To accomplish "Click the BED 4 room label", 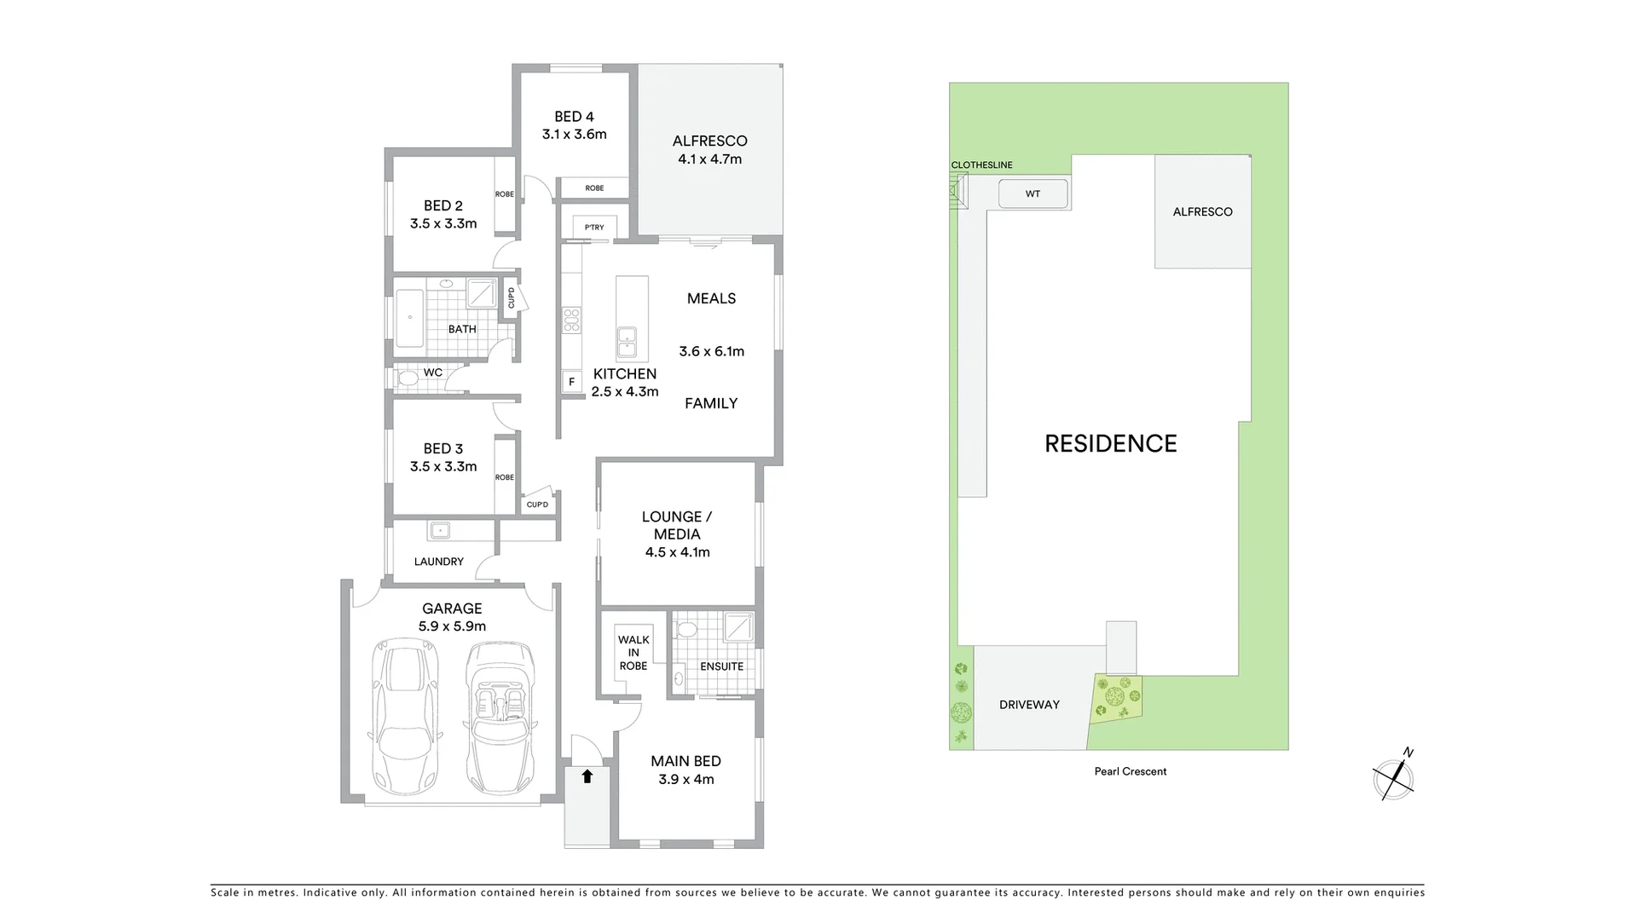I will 574,117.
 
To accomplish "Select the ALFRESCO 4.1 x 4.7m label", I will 709,150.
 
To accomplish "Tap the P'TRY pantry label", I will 594,228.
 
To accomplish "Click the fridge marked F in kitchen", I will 571,382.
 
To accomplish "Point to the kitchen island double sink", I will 627,343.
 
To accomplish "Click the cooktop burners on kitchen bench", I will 571,320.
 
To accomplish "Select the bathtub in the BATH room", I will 409,319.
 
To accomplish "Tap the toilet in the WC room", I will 407,377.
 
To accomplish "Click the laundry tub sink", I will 439,531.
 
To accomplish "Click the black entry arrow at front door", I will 587,776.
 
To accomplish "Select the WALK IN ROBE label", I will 633,653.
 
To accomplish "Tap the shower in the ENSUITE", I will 738,627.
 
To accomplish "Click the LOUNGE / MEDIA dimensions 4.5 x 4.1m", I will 677,552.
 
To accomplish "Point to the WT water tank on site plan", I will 1033,194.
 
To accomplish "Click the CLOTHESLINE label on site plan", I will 981,165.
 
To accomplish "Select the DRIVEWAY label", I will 1029,705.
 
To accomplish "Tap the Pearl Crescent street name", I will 1131,771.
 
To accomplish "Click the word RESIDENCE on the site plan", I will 1110,443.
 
